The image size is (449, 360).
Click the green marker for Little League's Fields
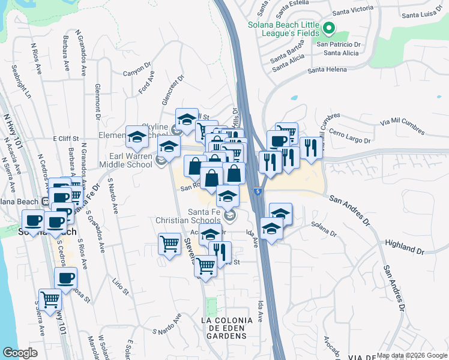[328, 28]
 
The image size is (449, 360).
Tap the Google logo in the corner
[20, 352]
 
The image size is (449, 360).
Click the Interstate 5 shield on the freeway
[257, 191]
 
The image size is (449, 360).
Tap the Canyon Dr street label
[134, 71]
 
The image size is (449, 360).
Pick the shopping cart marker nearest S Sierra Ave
[50, 298]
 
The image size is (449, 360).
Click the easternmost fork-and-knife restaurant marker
[310, 148]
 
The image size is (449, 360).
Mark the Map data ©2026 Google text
[411, 355]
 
